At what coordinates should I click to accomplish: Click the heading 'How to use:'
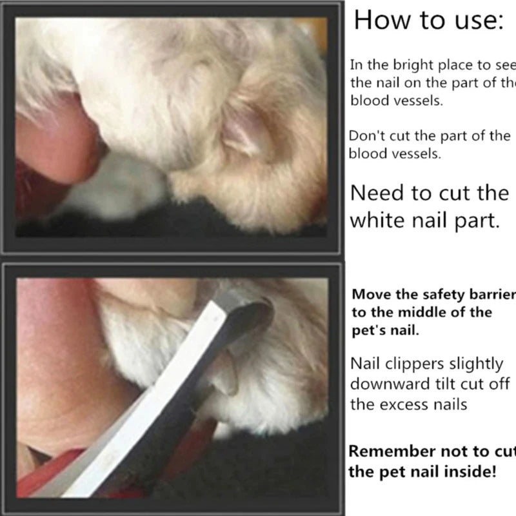click(x=427, y=21)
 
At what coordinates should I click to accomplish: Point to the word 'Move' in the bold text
click(x=370, y=295)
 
